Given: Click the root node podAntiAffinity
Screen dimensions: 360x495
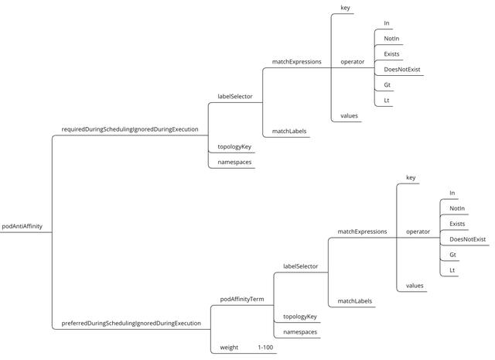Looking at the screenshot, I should pyautogui.click(x=25, y=226).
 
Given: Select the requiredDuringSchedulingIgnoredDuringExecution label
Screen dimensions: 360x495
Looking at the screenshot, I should pyautogui.click(x=130, y=129).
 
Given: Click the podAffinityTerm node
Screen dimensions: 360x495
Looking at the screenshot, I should pyautogui.click(x=242, y=298).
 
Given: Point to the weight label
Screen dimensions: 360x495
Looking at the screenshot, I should pyautogui.click(x=229, y=347).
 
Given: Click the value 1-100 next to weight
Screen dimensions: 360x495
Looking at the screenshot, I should pyautogui.click(x=266, y=347).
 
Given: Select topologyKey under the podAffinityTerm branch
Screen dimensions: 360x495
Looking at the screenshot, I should pyautogui.click(x=300, y=316).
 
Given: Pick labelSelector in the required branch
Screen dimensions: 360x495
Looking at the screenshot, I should pyautogui.click(x=234, y=97).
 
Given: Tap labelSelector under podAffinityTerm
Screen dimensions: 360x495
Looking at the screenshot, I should pyautogui.click(x=300, y=266).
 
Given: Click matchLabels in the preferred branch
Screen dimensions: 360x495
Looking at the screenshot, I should pyautogui.click(x=355, y=300).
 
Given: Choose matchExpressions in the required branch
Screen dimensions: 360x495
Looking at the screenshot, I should pyautogui.click(x=296, y=61).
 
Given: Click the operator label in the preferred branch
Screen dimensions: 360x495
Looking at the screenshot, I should pyautogui.click(x=418, y=231).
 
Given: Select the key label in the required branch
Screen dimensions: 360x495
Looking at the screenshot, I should pyautogui.click(x=345, y=8).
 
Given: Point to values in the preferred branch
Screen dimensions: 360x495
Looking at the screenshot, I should pyautogui.click(x=415, y=286).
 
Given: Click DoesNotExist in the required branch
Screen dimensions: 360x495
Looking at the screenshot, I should pyautogui.click(x=401, y=69).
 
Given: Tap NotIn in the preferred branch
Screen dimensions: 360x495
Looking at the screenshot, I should pyautogui.click(x=457, y=208).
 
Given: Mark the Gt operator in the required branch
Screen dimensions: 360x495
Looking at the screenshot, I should pyautogui.click(x=387, y=84).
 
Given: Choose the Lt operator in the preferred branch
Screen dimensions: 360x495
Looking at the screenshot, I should pyautogui.click(x=452, y=270).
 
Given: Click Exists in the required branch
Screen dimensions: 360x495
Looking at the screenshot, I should pyautogui.click(x=391, y=53).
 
